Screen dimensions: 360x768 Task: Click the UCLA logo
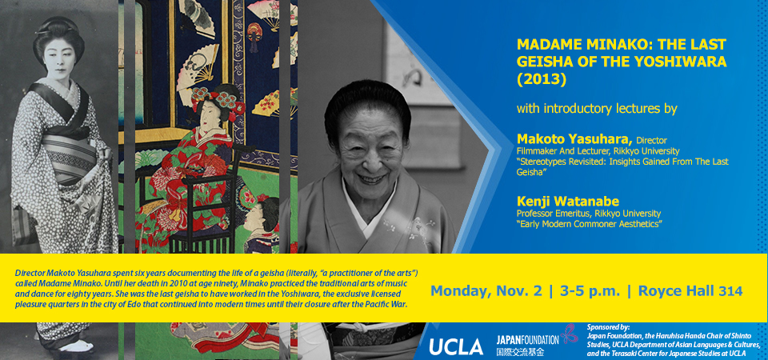456,346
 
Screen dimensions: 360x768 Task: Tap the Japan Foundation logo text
527,340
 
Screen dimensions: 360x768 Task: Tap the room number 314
729,290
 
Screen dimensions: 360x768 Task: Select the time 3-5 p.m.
585,290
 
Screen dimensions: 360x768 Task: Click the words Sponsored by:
608,327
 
